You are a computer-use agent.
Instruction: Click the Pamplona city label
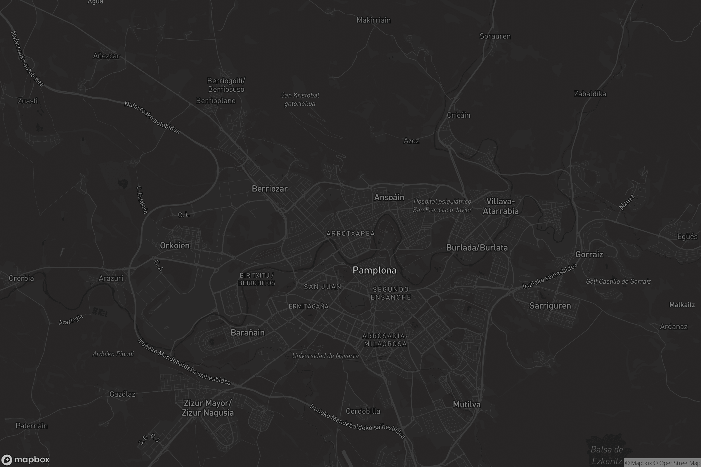(x=374, y=271)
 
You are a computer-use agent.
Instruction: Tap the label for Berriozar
(x=269, y=189)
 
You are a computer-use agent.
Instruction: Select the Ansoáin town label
(x=389, y=198)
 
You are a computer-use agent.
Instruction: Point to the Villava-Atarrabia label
(x=500, y=206)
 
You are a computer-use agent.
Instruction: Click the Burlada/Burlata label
(x=477, y=248)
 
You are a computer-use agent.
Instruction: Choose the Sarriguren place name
(x=550, y=306)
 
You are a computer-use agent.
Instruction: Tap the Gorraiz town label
(x=589, y=255)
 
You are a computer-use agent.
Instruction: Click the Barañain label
(x=247, y=333)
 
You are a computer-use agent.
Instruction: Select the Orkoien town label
(x=175, y=246)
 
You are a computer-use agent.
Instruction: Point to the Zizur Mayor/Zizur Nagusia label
(x=208, y=408)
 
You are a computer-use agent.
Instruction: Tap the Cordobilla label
(x=363, y=411)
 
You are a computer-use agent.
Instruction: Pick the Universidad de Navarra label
(x=325, y=356)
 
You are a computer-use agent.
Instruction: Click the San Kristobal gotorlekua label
(x=300, y=100)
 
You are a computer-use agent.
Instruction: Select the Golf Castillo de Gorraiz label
(x=618, y=281)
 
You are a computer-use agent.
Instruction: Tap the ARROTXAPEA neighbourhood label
(x=350, y=234)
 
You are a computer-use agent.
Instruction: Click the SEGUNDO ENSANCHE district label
(x=391, y=293)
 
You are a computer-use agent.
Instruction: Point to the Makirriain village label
(x=374, y=20)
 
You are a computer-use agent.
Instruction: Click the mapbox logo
(x=25, y=459)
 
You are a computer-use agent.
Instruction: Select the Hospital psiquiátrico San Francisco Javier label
(x=442, y=206)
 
